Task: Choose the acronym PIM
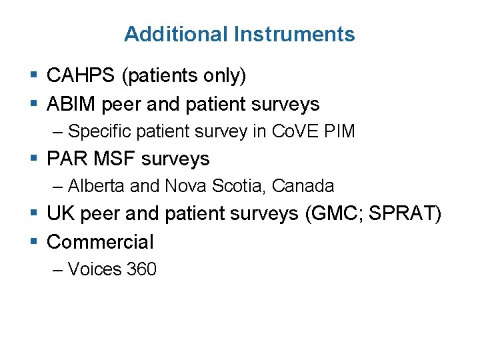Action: click(339, 131)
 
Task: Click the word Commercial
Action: click(100, 242)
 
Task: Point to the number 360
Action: click(141, 269)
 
